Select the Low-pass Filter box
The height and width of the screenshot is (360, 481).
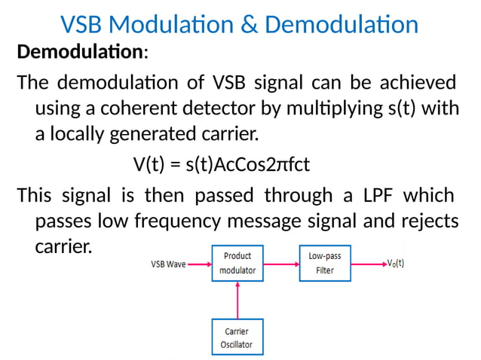326,264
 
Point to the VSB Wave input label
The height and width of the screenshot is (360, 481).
167,264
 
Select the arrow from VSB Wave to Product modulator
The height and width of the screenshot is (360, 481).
200,264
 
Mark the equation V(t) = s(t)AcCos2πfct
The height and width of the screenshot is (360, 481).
221,164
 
